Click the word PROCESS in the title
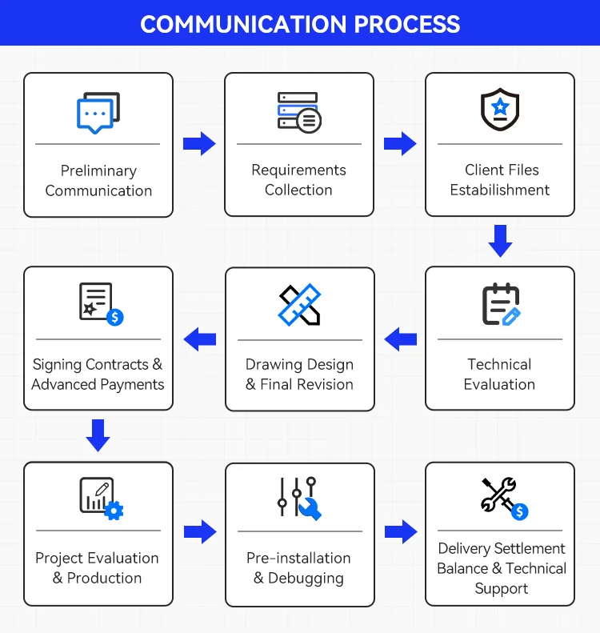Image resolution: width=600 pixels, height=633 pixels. click(x=406, y=24)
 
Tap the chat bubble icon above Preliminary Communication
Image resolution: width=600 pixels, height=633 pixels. click(x=98, y=113)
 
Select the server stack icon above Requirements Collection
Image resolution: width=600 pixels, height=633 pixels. click(x=299, y=113)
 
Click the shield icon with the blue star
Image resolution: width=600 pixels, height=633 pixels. click(x=500, y=110)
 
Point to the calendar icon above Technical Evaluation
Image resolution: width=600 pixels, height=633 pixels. click(x=501, y=304)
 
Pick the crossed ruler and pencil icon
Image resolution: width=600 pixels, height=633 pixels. click(x=299, y=304)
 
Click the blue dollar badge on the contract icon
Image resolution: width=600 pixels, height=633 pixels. click(x=115, y=318)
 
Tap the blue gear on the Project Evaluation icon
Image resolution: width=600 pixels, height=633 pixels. click(x=114, y=511)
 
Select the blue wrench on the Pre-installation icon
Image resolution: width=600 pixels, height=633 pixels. click(x=310, y=509)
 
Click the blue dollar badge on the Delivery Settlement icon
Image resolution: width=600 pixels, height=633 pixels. click(x=520, y=512)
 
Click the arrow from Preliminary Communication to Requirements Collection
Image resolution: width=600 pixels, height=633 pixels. click(x=199, y=144)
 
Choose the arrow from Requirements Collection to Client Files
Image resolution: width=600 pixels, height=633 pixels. click(x=400, y=144)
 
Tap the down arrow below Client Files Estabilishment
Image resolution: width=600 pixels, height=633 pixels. click(x=500, y=241)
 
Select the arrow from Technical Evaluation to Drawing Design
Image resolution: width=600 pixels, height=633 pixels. click(x=400, y=339)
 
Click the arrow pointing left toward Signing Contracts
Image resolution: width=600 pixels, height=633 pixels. click(x=200, y=339)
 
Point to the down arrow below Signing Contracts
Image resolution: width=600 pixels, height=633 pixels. click(x=98, y=435)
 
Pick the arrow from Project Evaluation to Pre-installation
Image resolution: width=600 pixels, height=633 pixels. click(x=200, y=532)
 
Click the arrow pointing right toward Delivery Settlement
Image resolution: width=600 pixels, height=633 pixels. click(x=401, y=532)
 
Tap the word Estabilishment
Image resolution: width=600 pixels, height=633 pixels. click(x=500, y=190)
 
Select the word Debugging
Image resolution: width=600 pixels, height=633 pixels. click(x=306, y=579)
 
